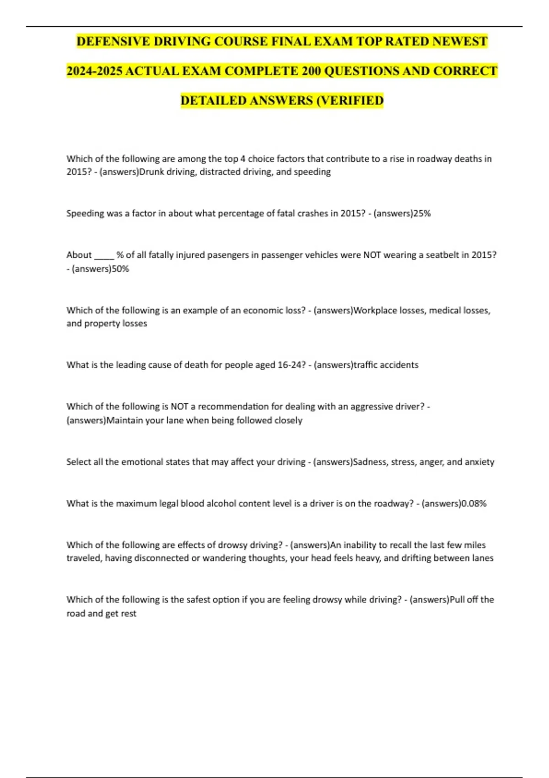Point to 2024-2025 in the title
[x=94, y=71]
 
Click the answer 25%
[x=422, y=213]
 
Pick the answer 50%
[x=120, y=269]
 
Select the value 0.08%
[x=474, y=503]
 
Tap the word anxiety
[x=479, y=462]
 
